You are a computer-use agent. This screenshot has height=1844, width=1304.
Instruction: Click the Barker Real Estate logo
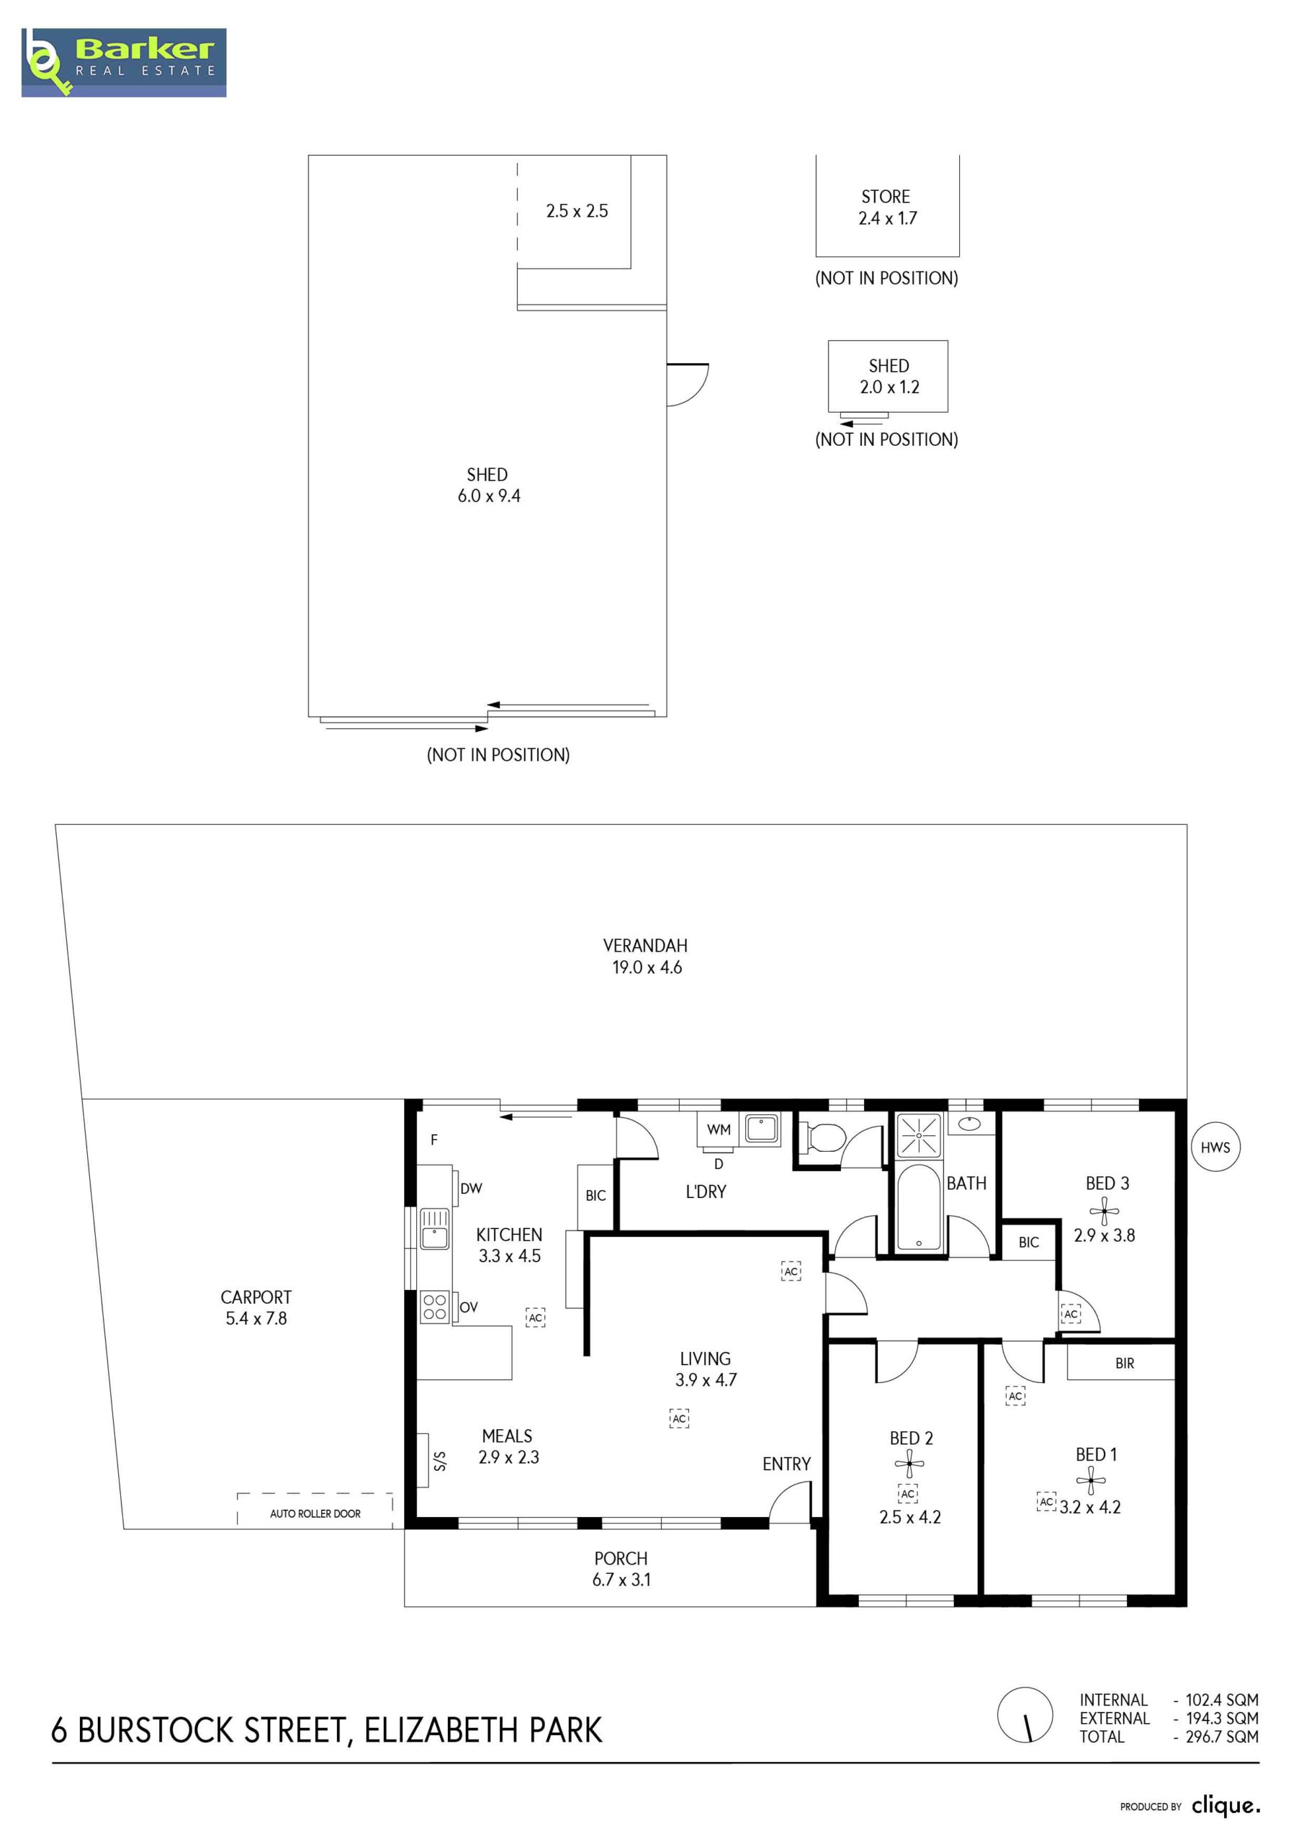coord(124,63)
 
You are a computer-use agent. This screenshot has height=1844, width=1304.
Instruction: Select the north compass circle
coord(1025,1714)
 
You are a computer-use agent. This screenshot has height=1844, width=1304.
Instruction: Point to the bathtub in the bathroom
coord(918,1208)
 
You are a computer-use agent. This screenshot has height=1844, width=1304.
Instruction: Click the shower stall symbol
coord(918,1134)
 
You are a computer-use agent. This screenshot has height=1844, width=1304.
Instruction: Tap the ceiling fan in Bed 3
coord(1104,1210)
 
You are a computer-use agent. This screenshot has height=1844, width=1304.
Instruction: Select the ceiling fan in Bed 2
coord(909,1463)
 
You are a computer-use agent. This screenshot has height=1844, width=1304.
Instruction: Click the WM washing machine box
coord(719,1129)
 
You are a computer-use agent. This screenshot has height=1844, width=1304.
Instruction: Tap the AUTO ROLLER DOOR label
coord(315,1514)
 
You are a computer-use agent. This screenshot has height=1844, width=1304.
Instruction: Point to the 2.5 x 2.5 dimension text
coord(577,211)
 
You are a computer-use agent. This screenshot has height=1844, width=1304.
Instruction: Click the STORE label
coord(886,197)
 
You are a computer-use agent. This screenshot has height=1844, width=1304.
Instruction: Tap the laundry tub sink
coord(760,1129)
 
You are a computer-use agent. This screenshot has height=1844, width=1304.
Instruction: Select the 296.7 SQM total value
coord(1222,1737)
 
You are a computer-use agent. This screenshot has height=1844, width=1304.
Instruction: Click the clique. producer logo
coord(1226,1807)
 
